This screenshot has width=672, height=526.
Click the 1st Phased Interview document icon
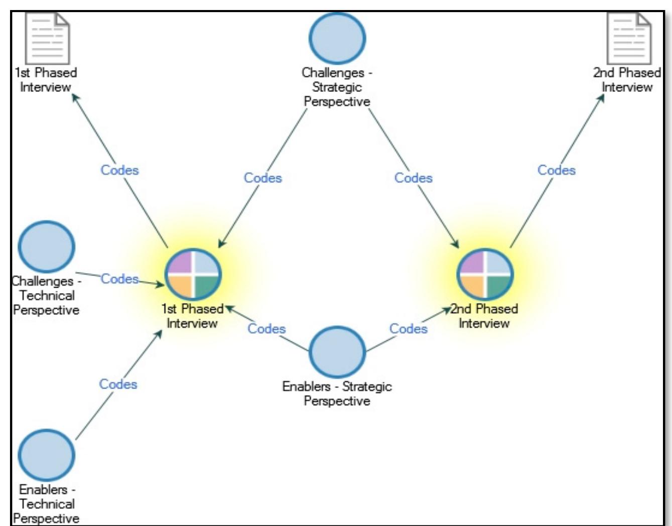48,39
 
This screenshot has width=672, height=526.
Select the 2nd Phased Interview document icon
629,39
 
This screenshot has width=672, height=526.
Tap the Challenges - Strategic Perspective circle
337,38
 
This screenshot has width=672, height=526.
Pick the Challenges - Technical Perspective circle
46,246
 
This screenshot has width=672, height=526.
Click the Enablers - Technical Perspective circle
46,455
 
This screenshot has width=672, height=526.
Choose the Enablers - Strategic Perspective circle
337,352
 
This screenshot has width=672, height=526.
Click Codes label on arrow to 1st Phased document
119,170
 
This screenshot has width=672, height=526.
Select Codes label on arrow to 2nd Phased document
557,170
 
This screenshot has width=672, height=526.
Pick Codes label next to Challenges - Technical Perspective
119,279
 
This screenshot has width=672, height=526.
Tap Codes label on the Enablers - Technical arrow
118,384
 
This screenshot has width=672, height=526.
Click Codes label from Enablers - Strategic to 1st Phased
266,329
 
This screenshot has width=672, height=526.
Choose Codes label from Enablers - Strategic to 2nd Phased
409,329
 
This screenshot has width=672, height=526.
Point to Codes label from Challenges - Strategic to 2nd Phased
413,178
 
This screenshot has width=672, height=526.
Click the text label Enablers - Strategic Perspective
337,393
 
